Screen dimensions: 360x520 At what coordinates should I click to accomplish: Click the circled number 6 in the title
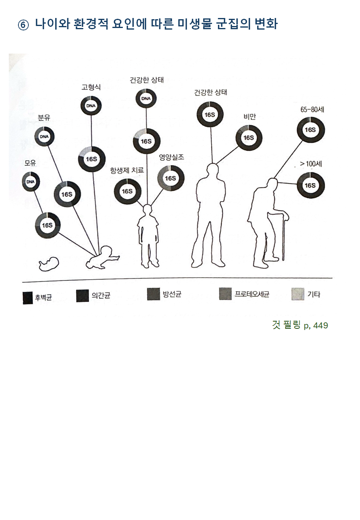point(23,25)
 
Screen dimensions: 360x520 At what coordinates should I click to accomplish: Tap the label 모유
point(30,163)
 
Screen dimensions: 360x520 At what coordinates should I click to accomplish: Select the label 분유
point(44,118)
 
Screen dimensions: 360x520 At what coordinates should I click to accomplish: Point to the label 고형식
point(91,87)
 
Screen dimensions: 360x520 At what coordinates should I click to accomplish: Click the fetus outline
point(49,264)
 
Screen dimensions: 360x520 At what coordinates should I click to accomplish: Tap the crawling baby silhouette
point(102,258)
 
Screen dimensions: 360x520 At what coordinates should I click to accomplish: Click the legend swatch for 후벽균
point(28,298)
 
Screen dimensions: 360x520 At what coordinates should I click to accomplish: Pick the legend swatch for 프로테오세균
point(225,294)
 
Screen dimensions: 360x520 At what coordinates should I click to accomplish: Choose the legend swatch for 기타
point(298,294)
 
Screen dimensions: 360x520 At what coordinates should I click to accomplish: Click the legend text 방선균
point(172,294)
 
